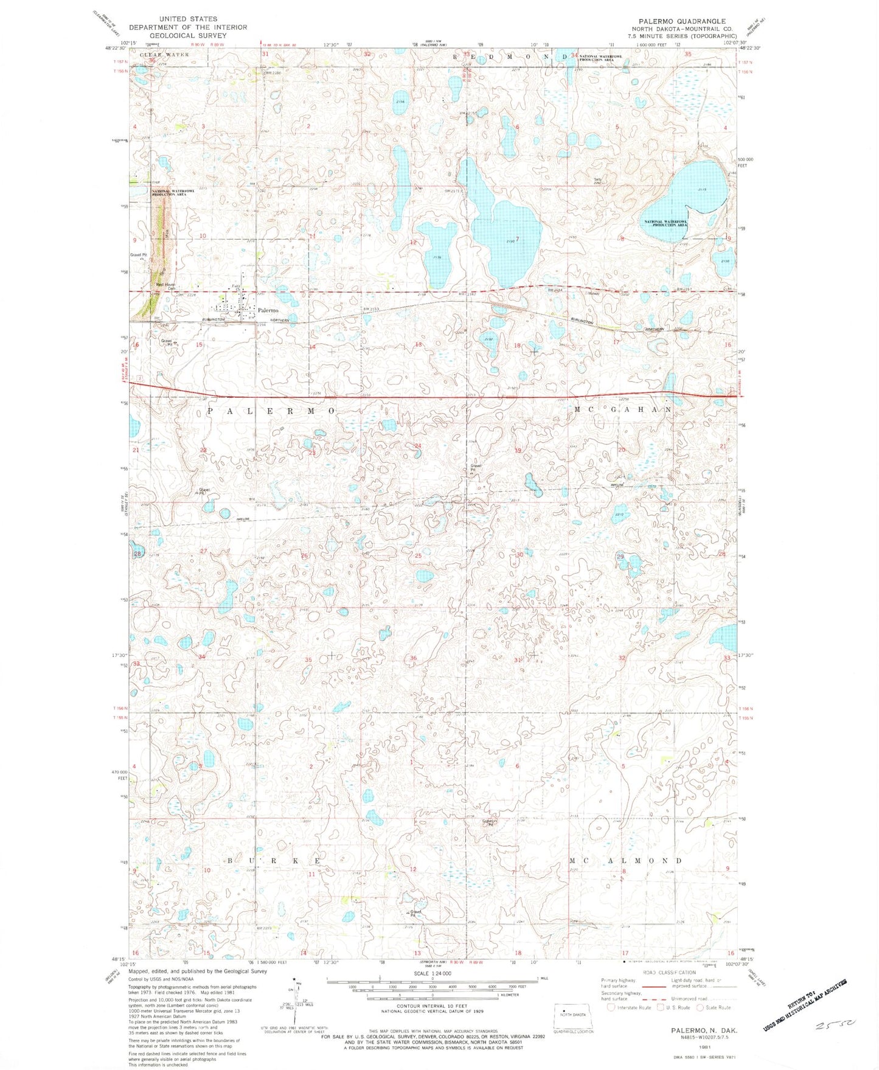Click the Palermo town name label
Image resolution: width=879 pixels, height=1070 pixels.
(x=268, y=310)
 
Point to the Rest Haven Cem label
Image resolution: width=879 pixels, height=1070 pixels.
(x=165, y=287)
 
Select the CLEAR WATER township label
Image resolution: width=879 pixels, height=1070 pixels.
(x=164, y=55)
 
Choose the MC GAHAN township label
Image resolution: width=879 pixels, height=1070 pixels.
(x=623, y=410)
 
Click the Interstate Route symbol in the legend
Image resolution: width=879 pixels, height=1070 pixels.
(x=611, y=1007)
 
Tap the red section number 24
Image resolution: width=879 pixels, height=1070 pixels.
(x=418, y=446)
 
